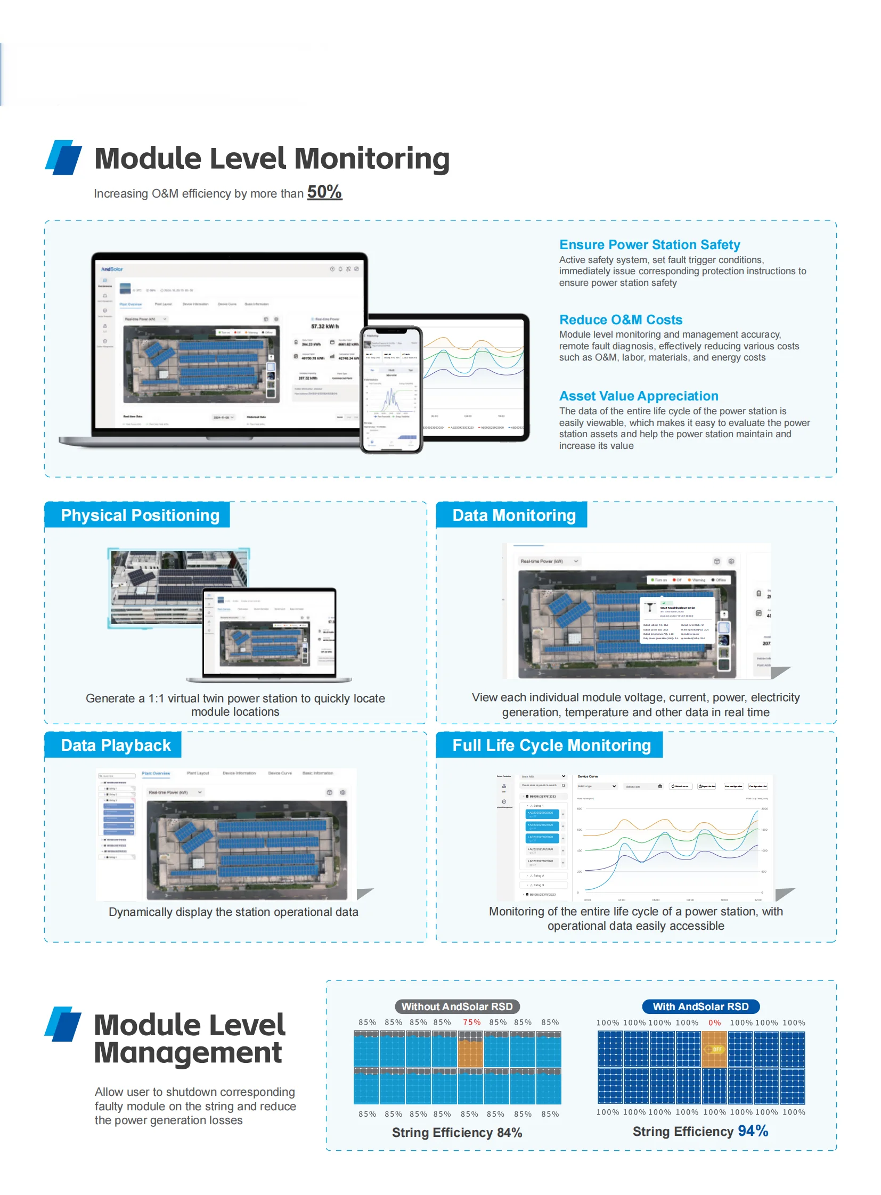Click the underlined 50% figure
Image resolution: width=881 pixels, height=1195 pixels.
pos(324,192)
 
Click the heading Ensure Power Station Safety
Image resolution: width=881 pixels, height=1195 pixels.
pos(649,245)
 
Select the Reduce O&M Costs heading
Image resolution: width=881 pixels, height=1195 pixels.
pos(620,320)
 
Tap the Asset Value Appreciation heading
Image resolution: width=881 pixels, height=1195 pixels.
pos(638,396)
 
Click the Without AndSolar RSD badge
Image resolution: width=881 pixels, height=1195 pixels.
pos(457,1006)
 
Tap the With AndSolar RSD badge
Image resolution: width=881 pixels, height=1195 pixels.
pos(701,1006)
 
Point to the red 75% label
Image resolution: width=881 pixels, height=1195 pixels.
pos(471,1022)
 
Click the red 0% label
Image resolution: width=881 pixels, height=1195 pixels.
pos(715,1023)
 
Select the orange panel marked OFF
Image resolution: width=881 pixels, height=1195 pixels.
pos(715,1049)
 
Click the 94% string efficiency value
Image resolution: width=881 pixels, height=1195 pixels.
pos(753,1131)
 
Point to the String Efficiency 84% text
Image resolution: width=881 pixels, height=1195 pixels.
pos(457,1132)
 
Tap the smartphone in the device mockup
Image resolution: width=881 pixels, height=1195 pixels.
pos(391,389)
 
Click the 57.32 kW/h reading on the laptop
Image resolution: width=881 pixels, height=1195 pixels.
pos(325,326)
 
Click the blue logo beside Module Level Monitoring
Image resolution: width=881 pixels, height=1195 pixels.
pos(63,158)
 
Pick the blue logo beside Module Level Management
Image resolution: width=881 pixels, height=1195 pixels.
pos(63,1025)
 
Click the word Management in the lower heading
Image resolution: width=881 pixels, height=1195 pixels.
pos(187,1053)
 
